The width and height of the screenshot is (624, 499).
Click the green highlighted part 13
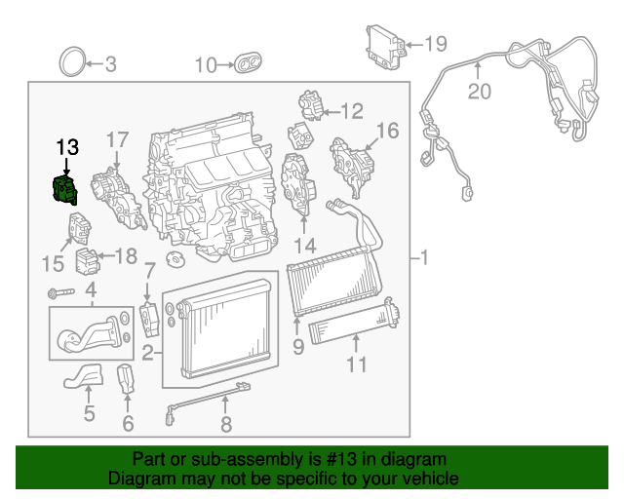pyautogui.click(x=65, y=188)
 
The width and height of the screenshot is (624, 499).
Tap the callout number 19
pyautogui.click(x=435, y=44)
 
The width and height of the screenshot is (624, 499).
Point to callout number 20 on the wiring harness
pyautogui.click(x=479, y=93)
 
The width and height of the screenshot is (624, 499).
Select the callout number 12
pyautogui.click(x=351, y=110)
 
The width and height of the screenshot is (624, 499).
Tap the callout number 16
pyautogui.click(x=387, y=131)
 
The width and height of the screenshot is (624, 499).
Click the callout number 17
pyautogui.click(x=117, y=139)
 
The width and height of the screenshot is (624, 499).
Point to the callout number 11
pyautogui.click(x=357, y=365)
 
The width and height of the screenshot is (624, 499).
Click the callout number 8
pyautogui.click(x=226, y=423)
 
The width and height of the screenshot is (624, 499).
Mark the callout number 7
pyautogui.click(x=149, y=270)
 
